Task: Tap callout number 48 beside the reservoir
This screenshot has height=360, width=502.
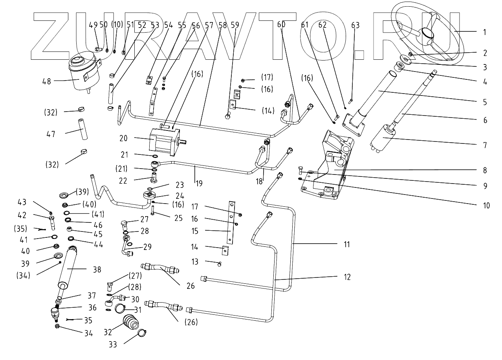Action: click(x=46, y=82)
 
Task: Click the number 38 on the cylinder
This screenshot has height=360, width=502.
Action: click(x=97, y=270)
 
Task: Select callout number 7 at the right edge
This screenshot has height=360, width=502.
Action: click(x=485, y=145)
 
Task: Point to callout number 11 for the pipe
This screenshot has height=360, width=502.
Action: click(x=346, y=244)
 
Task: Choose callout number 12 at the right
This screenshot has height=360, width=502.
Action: click(x=346, y=277)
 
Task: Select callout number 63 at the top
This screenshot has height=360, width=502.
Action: click(x=355, y=25)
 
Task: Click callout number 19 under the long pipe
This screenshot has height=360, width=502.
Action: click(x=200, y=183)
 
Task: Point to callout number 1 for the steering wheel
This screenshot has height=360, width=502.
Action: click(x=485, y=32)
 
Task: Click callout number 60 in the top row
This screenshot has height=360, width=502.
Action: click(x=281, y=24)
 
